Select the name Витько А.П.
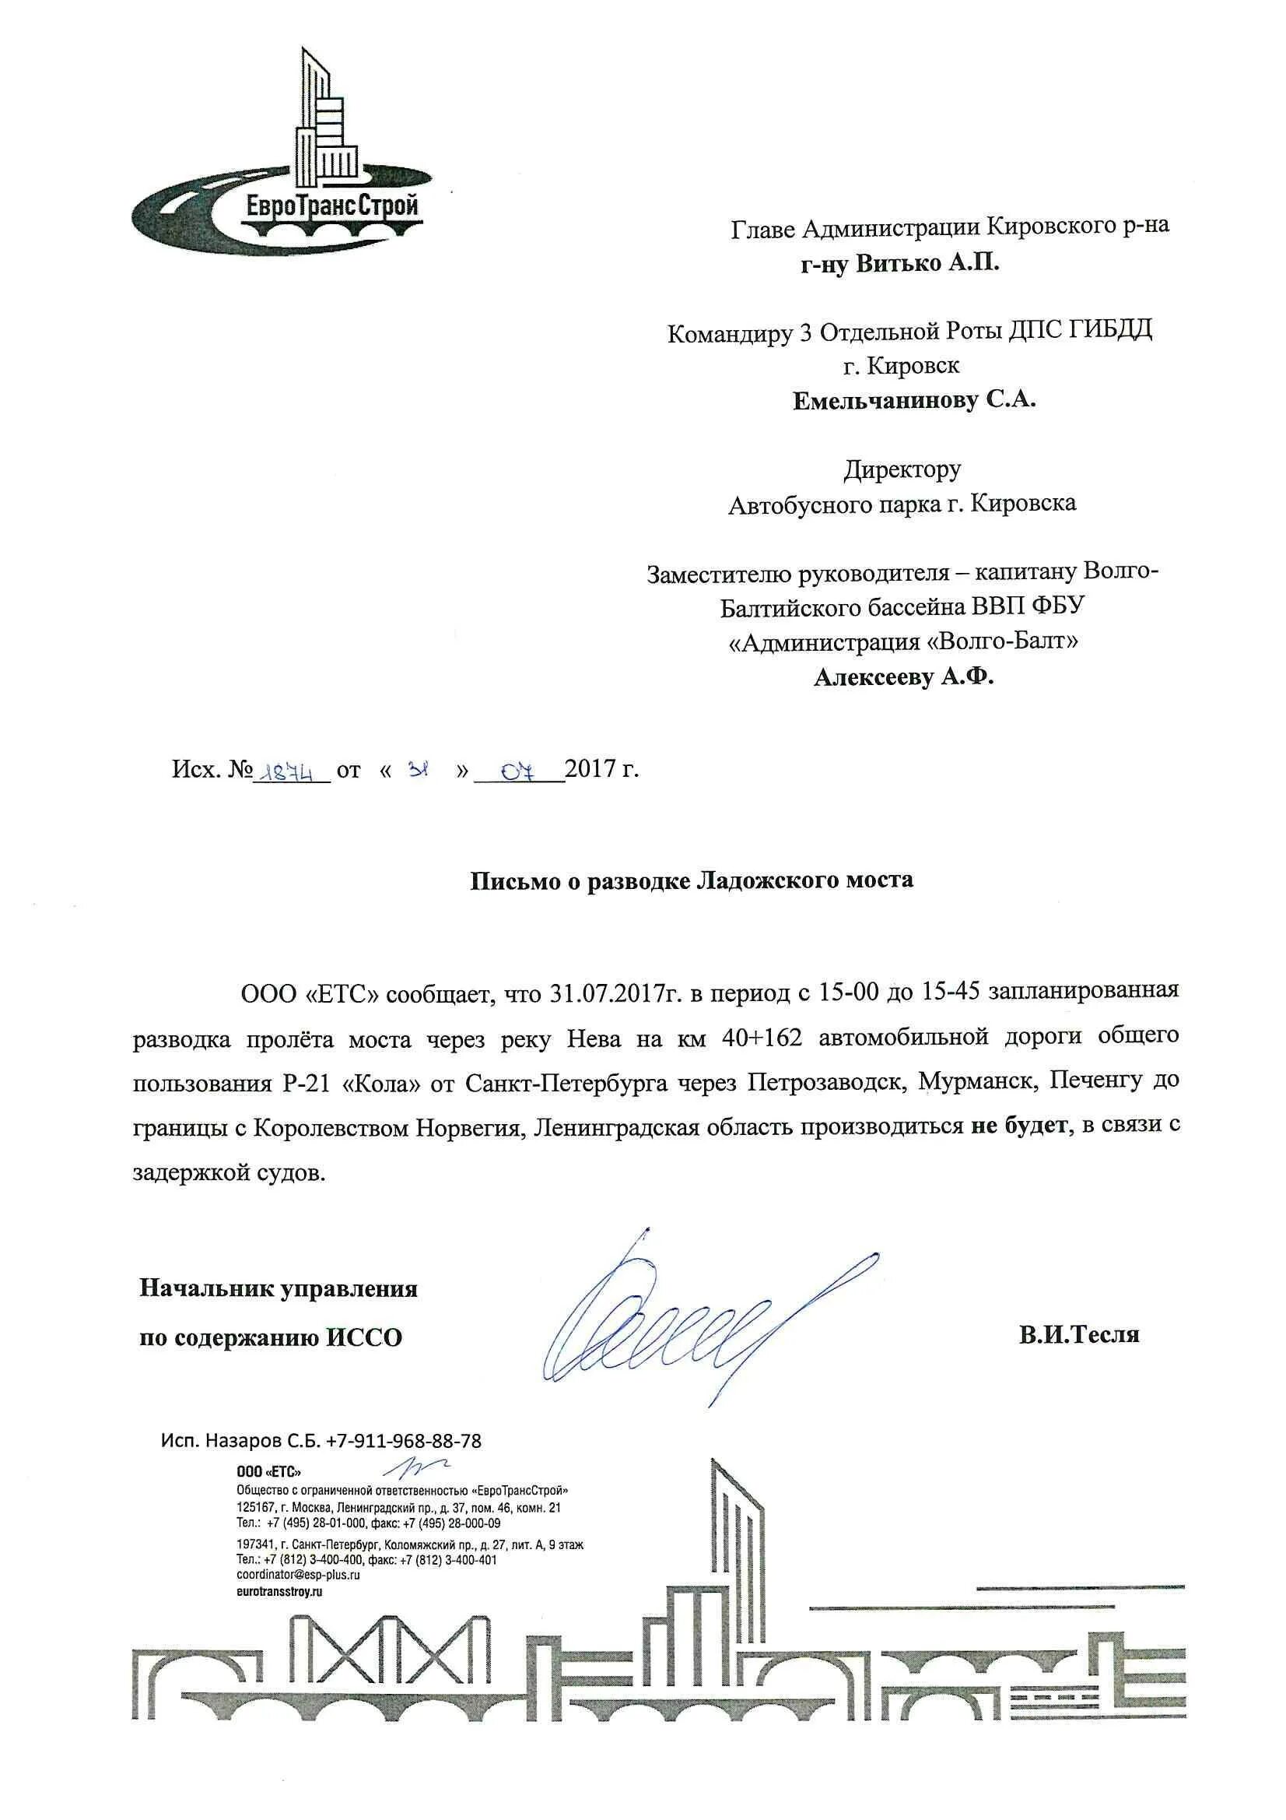928,263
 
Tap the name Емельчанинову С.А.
914,400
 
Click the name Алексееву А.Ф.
903,677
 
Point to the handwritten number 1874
289,771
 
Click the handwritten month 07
519,771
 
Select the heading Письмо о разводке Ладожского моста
692,880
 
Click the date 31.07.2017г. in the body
615,993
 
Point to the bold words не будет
1018,1127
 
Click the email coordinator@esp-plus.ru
298,1576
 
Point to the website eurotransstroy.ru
280,1592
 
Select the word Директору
902,469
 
